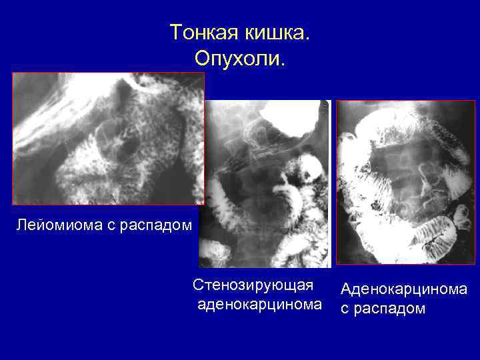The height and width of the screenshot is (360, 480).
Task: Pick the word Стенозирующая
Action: tap(253, 286)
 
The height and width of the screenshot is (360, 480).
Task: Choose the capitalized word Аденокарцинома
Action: tap(403, 289)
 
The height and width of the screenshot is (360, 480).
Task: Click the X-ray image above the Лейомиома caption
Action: tap(108, 138)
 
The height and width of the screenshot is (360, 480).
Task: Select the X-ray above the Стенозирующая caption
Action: tap(266, 183)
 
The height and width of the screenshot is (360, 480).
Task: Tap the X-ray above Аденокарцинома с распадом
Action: tap(405, 181)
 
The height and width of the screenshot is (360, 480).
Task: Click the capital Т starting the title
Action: tap(175, 32)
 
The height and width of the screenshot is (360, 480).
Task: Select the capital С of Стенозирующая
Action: tap(198, 286)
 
